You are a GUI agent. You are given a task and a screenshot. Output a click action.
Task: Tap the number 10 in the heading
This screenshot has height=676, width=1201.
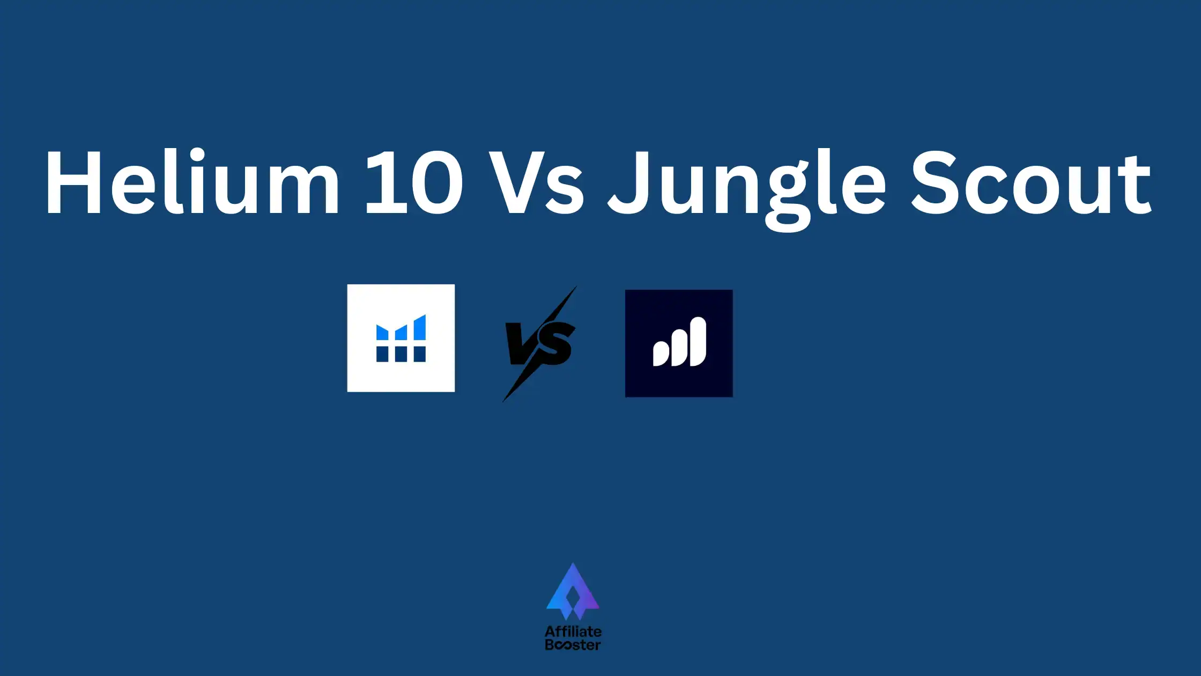click(413, 182)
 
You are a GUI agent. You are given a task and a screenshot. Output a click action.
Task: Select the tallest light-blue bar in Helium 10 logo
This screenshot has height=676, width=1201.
click(420, 328)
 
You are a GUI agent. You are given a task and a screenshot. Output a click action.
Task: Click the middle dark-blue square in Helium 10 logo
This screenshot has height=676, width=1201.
click(401, 354)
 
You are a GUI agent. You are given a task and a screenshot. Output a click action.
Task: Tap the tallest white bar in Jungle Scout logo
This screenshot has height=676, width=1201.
click(698, 342)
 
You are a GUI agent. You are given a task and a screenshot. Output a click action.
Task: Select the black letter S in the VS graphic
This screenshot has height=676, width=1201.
click(555, 343)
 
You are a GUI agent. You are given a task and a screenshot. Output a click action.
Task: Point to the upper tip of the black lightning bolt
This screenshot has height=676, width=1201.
click(576, 286)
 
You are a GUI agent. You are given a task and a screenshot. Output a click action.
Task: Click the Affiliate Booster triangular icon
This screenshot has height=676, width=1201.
click(573, 591)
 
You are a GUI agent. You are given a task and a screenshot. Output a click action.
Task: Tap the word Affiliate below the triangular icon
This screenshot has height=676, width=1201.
click(573, 631)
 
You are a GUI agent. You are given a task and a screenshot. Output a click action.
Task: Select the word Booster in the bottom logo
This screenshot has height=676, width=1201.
click(573, 645)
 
